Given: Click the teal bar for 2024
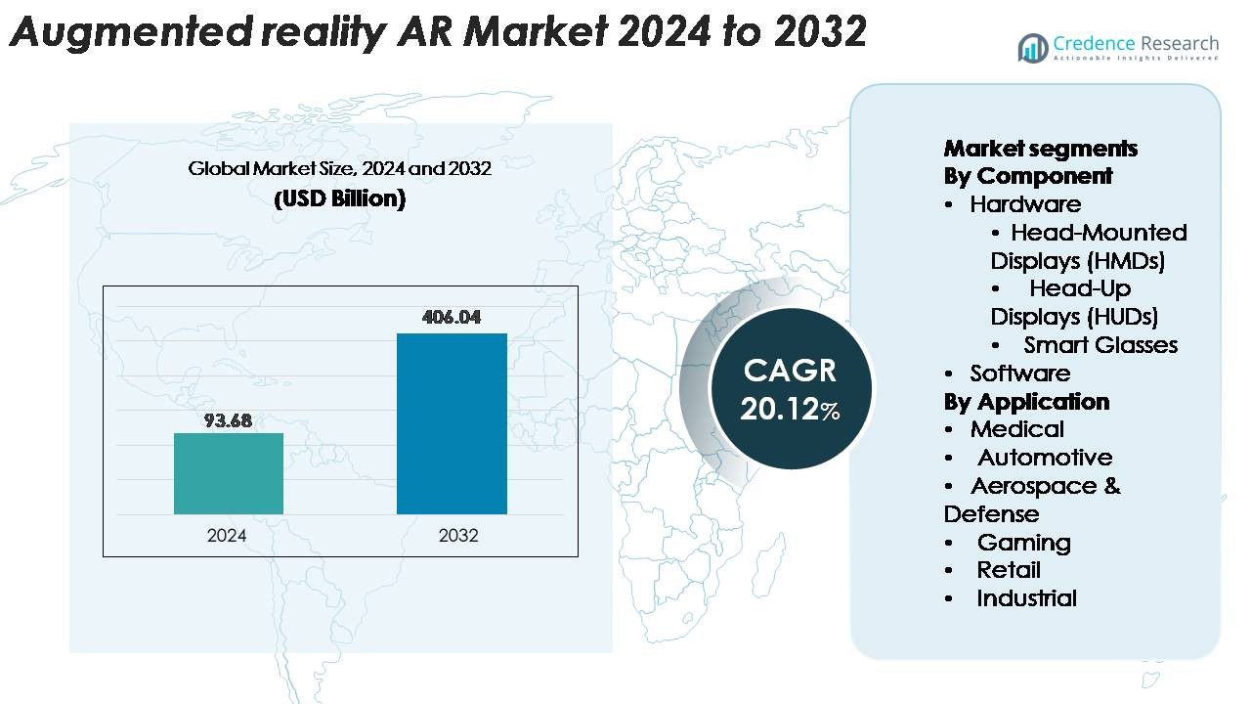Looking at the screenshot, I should (x=229, y=473).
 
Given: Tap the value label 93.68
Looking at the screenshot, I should (x=229, y=420).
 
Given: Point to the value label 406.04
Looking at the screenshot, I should (x=452, y=318).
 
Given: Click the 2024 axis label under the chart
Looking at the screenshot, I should (x=227, y=536).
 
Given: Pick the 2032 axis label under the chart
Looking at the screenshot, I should (x=458, y=536).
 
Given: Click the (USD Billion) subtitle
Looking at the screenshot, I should (x=339, y=198).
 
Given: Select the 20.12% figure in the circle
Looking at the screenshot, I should (x=789, y=410).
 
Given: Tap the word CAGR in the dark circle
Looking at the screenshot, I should (x=789, y=371).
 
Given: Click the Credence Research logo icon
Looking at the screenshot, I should (x=1032, y=47).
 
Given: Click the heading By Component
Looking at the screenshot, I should (x=1027, y=176).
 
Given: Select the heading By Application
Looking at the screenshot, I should (x=1026, y=402).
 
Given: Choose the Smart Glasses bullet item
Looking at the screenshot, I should (x=1100, y=345).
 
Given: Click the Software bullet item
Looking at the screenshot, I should (x=1019, y=374).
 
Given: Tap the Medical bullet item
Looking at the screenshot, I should (x=1016, y=429).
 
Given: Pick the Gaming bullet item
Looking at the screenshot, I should (x=1023, y=543).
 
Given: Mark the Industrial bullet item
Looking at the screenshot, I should (x=1026, y=598).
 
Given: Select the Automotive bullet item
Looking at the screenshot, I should (x=1044, y=458).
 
